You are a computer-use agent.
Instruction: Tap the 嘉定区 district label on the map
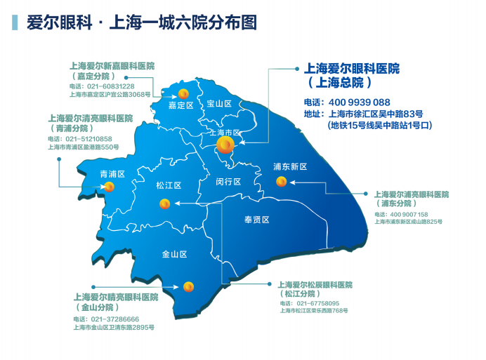click(180, 106)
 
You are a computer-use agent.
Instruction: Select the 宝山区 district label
click(219, 104)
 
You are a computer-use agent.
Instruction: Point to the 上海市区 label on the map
click(225, 132)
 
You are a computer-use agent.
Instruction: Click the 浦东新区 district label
click(291, 167)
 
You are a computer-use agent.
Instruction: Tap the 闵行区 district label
click(228, 182)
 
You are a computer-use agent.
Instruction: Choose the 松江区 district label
click(169, 186)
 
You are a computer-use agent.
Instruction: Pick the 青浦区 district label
click(112, 174)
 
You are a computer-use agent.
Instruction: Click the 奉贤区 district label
click(257, 220)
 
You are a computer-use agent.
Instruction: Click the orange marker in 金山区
click(188, 286)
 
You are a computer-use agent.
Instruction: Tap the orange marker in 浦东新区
click(282, 182)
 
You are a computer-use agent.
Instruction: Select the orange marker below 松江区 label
click(165, 204)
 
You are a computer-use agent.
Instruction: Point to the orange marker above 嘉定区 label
click(183, 93)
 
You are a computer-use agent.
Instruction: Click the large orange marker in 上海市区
click(225, 145)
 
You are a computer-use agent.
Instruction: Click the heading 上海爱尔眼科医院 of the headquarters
click(352, 69)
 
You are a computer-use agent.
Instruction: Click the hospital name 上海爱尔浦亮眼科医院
click(412, 194)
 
